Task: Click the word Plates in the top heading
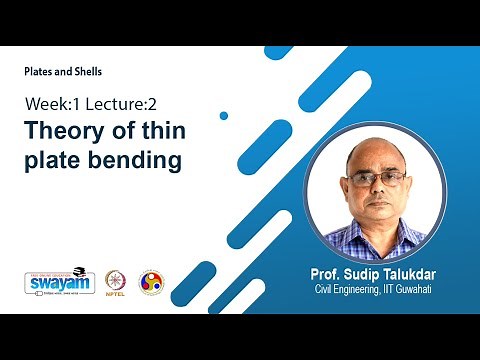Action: pos(40,72)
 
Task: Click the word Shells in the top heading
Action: pos(85,72)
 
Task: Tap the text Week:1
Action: pos(51,104)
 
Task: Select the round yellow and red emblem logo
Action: pos(150,281)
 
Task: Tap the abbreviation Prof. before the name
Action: pos(319,274)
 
